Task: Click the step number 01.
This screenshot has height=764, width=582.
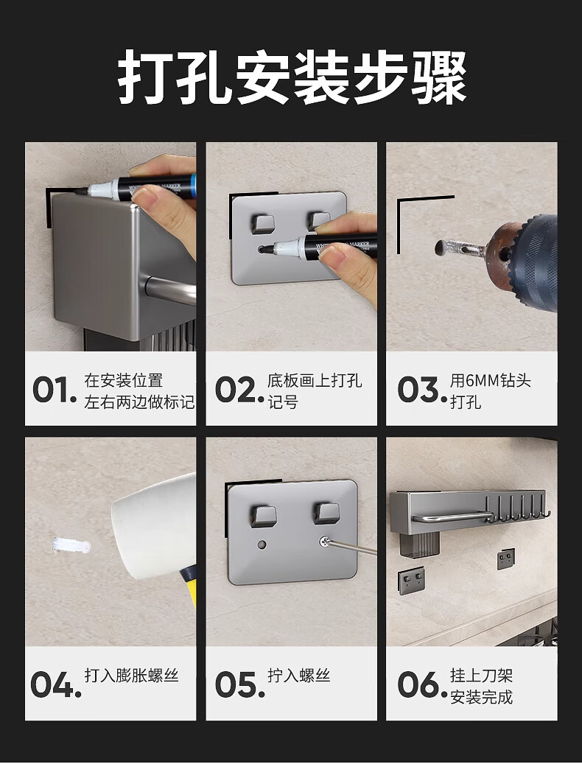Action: pos(55,390)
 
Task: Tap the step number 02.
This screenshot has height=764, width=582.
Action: pos(239,390)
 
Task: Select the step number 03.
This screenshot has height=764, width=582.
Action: pos(422,390)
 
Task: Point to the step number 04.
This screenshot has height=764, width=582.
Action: pos(55,684)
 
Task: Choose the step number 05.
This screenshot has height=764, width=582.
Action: pos(239,684)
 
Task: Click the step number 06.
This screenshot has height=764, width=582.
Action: pos(422,684)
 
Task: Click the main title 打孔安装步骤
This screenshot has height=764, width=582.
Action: pos(292,77)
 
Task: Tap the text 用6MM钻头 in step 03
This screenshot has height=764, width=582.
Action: pos(491,381)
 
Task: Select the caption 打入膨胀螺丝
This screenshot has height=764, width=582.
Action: pos(131,676)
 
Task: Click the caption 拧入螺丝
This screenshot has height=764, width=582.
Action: pos(298,676)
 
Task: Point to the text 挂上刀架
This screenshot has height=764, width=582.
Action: pos(481,676)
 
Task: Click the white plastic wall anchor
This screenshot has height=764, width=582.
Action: pos(71,546)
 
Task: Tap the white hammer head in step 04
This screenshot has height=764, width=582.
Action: pos(153,526)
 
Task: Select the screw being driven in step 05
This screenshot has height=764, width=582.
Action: pos(325,541)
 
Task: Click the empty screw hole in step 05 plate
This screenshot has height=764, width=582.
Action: pos(262,544)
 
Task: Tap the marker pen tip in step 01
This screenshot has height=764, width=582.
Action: pos(80,192)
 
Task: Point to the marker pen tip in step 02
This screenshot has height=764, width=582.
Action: pos(264,249)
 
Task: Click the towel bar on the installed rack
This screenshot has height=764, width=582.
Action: pos(452,516)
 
